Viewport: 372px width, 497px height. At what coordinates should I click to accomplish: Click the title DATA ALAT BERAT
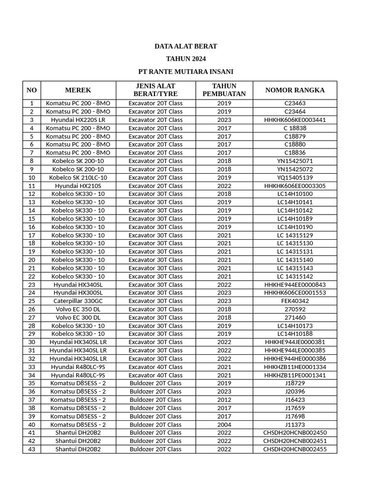[186, 47]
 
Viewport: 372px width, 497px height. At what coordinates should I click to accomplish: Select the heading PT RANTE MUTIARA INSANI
[186, 72]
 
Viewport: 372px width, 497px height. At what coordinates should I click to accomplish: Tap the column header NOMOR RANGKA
[294, 90]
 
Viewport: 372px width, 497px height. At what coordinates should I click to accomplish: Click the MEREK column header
[78, 90]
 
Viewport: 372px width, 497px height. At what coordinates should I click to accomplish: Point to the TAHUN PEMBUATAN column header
[224, 90]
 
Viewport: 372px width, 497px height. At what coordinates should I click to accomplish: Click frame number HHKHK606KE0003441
[294, 120]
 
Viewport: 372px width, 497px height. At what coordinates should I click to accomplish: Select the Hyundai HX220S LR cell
[78, 120]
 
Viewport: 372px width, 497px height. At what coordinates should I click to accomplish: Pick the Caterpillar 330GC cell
[78, 301]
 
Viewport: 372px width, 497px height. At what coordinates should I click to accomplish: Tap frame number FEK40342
[294, 301]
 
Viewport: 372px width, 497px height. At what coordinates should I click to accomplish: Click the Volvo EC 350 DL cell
[78, 309]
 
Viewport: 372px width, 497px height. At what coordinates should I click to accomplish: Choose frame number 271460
[294, 317]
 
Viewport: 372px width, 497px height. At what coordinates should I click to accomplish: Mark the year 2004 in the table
[224, 425]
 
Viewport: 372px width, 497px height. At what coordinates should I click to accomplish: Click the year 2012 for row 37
[224, 400]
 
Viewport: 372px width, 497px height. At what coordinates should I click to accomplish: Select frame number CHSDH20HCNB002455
[294, 449]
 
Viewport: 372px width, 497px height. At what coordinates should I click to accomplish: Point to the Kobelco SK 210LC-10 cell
[78, 178]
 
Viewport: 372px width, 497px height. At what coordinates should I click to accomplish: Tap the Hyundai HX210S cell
[78, 186]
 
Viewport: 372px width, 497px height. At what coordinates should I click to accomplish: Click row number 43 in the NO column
[32, 449]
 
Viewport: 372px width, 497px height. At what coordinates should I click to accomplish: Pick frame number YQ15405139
[294, 178]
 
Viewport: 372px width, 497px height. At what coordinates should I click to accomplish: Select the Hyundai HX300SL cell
[78, 293]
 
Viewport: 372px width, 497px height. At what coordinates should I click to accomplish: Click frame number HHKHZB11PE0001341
[294, 375]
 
